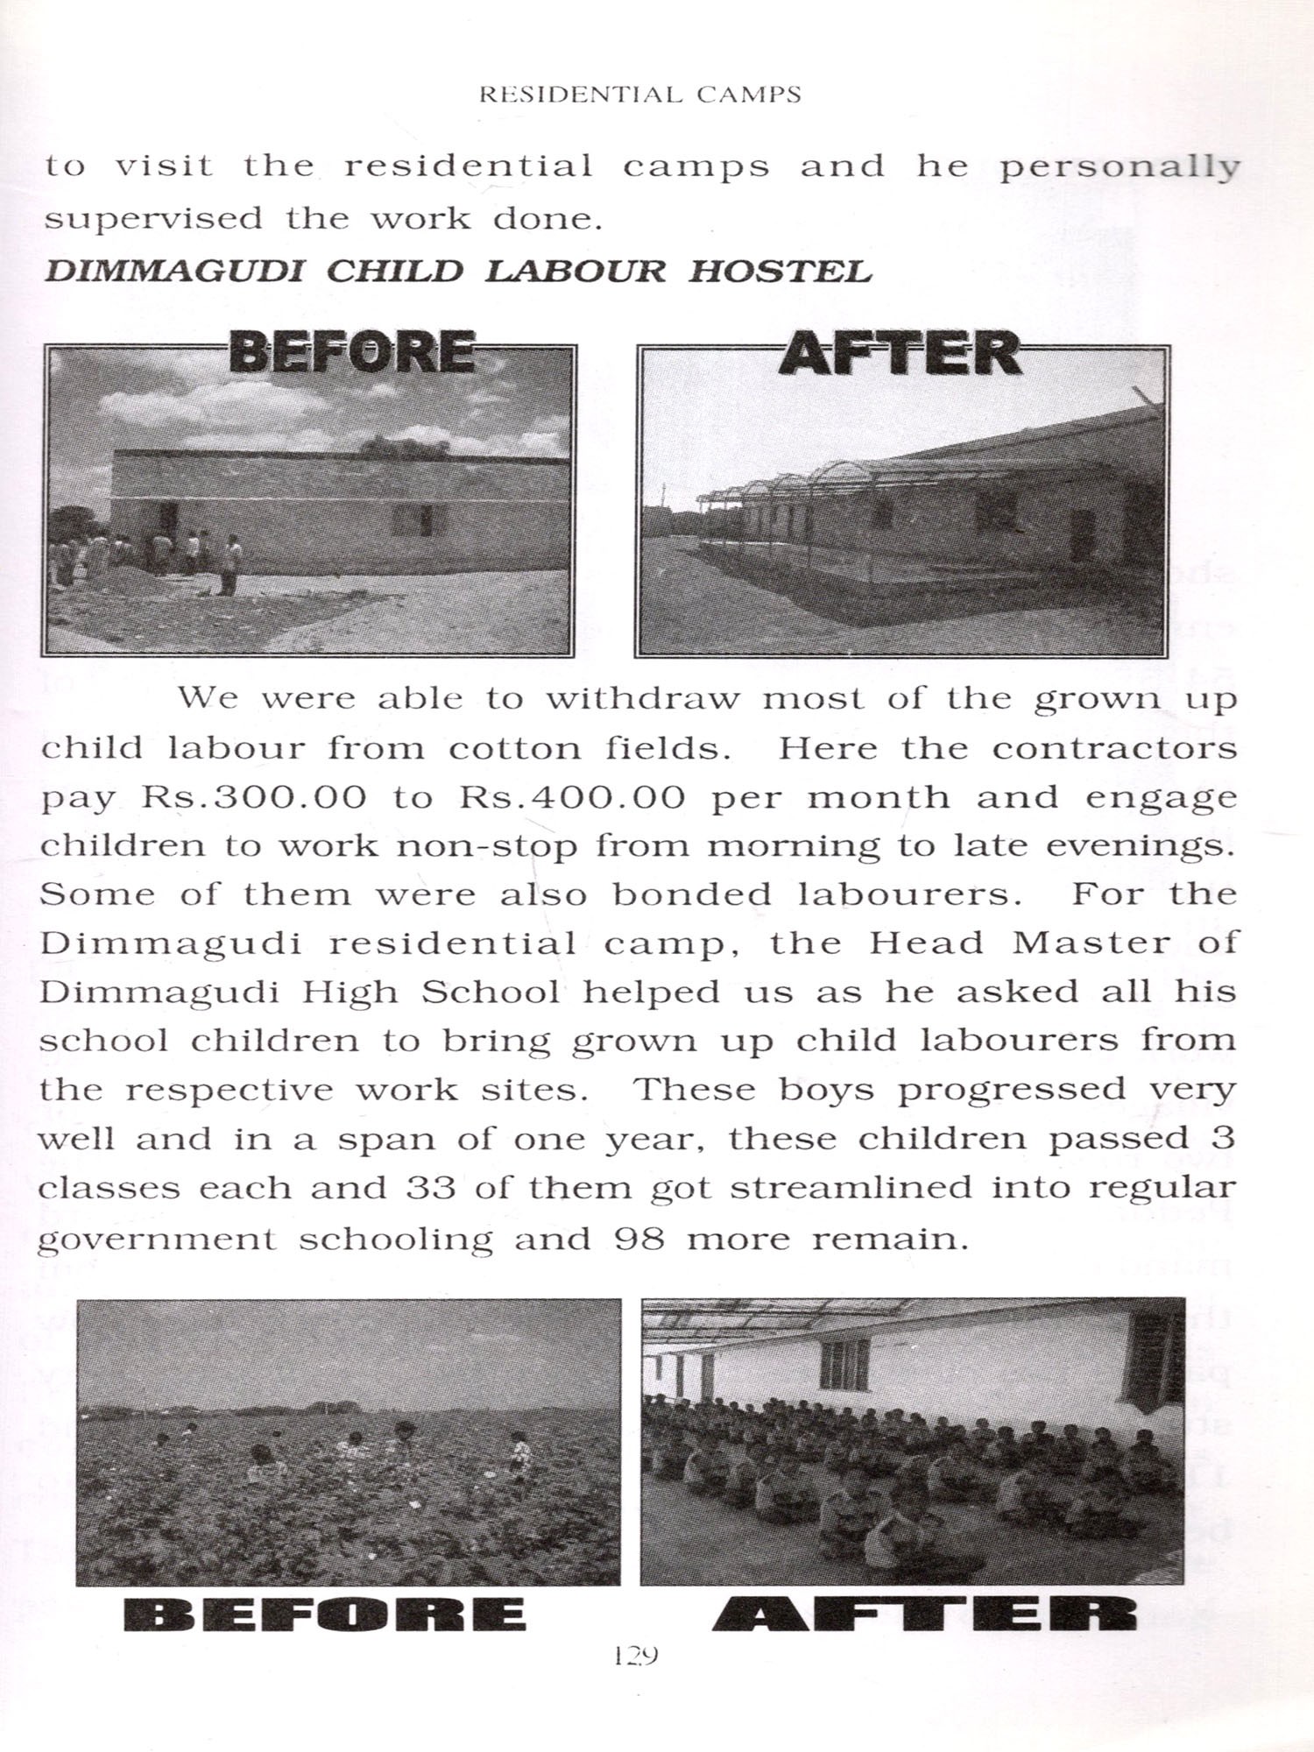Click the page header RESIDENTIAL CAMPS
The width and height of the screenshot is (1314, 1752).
pyautogui.click(x=640, y=95)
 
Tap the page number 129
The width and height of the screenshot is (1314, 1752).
pyautogui.click(x=636, y=1655)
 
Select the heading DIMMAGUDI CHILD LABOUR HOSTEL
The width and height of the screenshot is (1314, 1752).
pyautogui.click(x=458, y=271)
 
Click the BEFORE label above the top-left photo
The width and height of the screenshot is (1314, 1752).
pyautogui.click(x=352, y=351)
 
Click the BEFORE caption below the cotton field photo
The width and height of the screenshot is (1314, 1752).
pyautogui.click(x=325, y=1614)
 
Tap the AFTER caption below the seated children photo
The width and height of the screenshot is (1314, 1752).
pyautogui.click(x=925, y=1614)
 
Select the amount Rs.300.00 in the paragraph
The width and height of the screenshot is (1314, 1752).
pyautogui.click(x=254, y=797)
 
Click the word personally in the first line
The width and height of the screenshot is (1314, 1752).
pyautogui.click(x=1119, y=166)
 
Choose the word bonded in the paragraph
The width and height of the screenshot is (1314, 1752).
pyautogui.click(x=692, y=894)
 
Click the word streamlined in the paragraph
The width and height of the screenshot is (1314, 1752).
pyautogui.click(x=851, y=1188)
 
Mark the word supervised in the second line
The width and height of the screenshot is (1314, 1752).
pyautogui.click(x=153, y=217)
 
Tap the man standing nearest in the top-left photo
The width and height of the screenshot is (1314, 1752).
pyautogui.click(x=230, y=565)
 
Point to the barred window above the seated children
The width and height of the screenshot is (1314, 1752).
pyautogui.click(x=844, y=1364)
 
